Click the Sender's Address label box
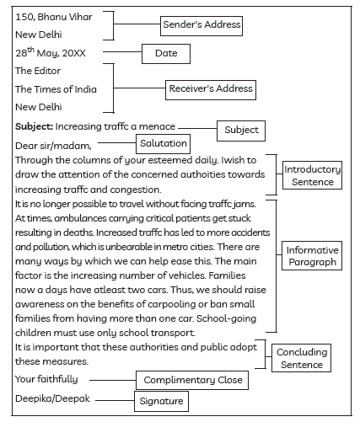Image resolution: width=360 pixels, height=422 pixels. click(201, 25)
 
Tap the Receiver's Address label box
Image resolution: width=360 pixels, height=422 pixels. click(210, 88)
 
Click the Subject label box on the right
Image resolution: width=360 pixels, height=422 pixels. click(241, 131)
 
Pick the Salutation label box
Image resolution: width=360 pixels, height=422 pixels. click(163, 144)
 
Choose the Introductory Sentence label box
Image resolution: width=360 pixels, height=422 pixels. click(312, 175)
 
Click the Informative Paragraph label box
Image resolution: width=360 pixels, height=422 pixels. click(312, 256)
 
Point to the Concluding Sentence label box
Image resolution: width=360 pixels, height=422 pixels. click(302, 359)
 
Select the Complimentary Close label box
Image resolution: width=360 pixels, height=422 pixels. click(191, 381)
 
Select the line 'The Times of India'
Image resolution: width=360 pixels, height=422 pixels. click(56, 89)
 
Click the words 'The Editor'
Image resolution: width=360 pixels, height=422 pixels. click(37, 71)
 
